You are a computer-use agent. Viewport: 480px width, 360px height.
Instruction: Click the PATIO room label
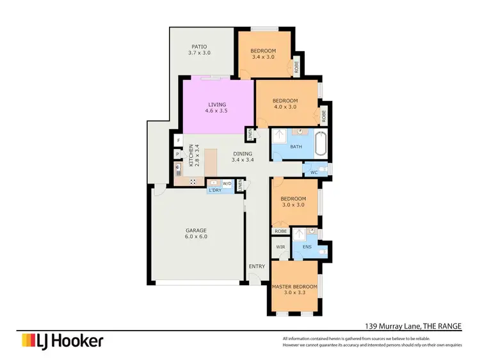point(199,49)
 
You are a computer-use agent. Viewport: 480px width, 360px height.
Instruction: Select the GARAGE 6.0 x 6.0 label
point(196,233)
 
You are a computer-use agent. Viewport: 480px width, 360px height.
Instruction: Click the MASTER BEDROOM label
point(294,290)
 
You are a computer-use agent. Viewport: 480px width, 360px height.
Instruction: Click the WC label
point(314,172)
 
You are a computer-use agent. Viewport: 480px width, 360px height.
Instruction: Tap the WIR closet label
point(280,247)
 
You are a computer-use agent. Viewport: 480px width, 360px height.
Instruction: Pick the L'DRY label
point(214,190)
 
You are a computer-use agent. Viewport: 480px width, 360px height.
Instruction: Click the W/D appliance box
point(227,183)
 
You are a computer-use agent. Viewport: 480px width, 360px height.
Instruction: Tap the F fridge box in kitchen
point(178,141)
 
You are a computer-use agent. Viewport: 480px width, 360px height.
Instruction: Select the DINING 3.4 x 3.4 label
point(243,157)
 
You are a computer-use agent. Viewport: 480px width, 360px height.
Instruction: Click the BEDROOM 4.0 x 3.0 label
point(285,104)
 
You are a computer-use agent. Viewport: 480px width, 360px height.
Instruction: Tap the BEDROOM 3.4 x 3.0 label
point(262,54)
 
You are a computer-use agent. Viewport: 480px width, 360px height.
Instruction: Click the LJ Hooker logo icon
point(28,340)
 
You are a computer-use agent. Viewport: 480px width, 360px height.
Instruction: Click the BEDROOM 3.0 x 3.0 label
point(294,201)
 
